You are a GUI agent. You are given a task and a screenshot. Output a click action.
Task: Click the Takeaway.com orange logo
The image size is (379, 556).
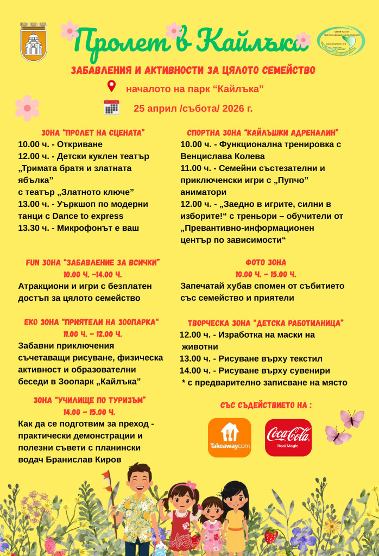(x=229, y=437)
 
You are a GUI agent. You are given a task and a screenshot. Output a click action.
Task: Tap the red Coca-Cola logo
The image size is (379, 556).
(x=288, y=437)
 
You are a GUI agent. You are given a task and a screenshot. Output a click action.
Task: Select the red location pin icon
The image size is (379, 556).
(x=112, y=86)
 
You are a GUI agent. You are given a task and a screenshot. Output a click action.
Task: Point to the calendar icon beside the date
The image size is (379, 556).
(x=111, y=108)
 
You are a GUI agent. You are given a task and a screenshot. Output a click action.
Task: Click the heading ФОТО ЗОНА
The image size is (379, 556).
(x=266, y=262)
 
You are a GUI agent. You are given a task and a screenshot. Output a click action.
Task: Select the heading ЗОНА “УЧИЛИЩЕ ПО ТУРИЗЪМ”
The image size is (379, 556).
(x=90, y=400)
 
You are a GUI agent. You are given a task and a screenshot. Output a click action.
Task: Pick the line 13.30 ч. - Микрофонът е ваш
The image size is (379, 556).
(x=78, y=228)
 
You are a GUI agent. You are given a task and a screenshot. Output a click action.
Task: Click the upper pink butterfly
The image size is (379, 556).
(x=352, y=418)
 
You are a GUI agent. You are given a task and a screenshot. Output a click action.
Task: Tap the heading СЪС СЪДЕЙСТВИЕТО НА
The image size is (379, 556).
(x=266, y=405)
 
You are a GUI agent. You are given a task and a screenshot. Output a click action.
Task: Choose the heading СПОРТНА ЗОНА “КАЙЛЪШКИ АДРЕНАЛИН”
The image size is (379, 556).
(x=263, y=132)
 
